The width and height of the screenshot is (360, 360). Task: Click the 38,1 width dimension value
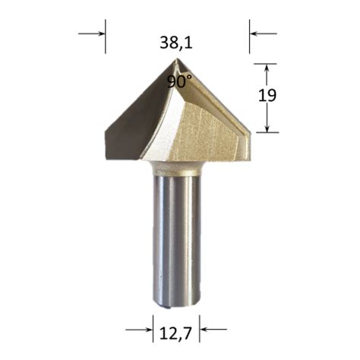click(176, 43)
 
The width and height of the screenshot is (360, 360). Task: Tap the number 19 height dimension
click(288, 96)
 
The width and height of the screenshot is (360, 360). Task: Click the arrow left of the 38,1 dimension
click(94, 33)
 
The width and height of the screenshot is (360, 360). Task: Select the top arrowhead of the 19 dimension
click(266, 70)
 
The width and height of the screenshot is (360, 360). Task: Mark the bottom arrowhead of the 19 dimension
click(266, 126)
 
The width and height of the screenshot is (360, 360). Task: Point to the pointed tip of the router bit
click(177, 59)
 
